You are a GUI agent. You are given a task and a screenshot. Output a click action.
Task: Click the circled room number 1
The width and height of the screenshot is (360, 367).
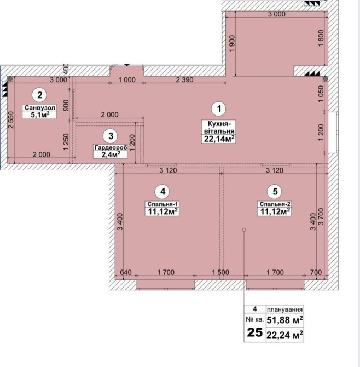pos(219,108)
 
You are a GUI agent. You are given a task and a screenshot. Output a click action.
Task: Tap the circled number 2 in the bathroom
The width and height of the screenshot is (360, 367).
pos(39,95)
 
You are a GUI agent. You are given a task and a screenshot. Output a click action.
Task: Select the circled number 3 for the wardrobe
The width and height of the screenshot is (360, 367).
pos(111,136)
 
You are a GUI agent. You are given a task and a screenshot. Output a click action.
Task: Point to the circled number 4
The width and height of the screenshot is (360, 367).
pos(162,192)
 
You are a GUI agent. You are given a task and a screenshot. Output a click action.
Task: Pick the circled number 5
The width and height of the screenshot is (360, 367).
pos(275,192)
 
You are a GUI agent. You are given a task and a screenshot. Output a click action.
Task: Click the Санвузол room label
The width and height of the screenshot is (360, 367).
pos(40,107)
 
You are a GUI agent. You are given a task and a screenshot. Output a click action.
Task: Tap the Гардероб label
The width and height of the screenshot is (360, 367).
pos(111,148)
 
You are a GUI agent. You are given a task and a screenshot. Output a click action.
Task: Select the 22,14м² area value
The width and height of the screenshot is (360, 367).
pos(219,139)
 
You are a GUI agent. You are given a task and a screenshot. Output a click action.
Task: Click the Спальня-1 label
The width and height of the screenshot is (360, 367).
pos(162,204)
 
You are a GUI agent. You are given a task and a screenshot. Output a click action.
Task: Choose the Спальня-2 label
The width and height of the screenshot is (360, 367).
pos(275,204)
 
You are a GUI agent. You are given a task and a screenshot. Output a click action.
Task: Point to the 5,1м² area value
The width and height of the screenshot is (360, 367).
pos(40,114)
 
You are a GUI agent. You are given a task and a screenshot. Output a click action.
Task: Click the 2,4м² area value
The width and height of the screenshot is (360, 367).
pos(111,154)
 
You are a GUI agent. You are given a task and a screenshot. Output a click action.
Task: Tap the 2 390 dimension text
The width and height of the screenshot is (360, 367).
pos(184,80)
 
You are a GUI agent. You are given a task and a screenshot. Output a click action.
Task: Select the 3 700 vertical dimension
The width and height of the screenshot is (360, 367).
pos(321,216)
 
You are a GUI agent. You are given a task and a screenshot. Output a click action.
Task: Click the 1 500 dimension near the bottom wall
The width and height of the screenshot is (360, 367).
pos(220,272)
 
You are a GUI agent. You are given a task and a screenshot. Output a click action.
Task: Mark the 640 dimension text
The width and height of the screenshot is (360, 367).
pos(126,272)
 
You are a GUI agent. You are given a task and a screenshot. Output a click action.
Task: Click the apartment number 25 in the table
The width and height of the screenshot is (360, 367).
pos(254,332)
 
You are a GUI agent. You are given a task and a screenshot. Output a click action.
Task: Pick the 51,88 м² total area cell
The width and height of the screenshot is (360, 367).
pos(284,320)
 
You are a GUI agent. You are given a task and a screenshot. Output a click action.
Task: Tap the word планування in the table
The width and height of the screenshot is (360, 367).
pos(284,309)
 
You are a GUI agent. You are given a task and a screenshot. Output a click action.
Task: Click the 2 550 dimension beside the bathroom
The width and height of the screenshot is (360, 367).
pos(11,119)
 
